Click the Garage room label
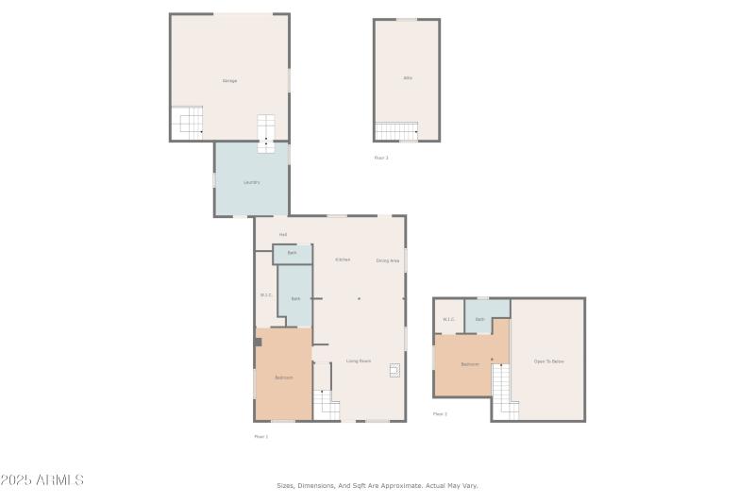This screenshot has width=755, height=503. click(x=229, y=81)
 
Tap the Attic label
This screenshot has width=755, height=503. click(x=408, y=77)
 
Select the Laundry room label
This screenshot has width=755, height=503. click(x=251, y=182)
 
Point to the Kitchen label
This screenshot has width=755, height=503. click(x=343, y=260)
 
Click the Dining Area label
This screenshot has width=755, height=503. click(x=388, y=260)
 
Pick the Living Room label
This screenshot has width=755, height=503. click(x=358, y=360)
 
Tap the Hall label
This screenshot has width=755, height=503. click(x=282, y=234)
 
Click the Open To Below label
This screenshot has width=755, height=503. click(x=548, y=361)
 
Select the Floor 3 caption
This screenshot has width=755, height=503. click(x=381, y=158)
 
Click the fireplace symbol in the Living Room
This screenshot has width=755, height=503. click(x=394, y=371)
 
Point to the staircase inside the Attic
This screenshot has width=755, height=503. click(x=396, y=131)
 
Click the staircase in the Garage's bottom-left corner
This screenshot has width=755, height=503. click(x=187, y=123)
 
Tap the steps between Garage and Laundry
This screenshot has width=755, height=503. click(x=266, y=132)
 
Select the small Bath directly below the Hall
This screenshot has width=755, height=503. click(x=293, y=254)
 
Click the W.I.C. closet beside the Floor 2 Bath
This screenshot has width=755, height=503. click(x=448, y=319)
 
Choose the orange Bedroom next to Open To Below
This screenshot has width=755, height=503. click(x=470, y=364)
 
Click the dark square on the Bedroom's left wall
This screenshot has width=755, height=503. click(x=258, y=342)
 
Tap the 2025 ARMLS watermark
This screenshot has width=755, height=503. click(x=42, y=480)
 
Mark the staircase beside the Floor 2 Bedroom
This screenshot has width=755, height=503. click(x=505, y=392)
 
